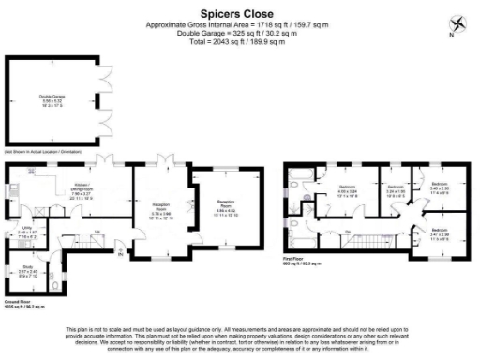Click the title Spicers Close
click(x=239, y=14)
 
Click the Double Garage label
click(x=52, y=97)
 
